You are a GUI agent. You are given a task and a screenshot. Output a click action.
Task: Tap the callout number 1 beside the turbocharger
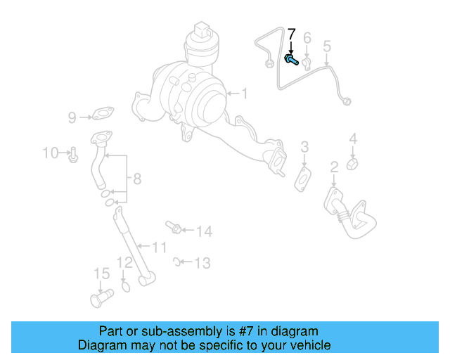(x=244, y=94)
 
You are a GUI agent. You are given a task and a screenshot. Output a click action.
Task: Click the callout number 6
(x=307, y=37)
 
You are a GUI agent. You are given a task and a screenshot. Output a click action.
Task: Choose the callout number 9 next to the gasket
(x=72, y=117)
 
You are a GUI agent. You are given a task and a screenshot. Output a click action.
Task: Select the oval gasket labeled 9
(x=103, y=112)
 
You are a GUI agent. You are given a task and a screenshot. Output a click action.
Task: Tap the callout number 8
(x=136, y=179)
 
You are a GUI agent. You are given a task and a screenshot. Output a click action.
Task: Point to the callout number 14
(x=203, y=231)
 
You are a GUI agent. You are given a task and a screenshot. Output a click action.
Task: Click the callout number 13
(x=202, y=264)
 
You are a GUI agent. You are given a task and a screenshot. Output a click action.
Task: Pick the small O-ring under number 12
(x=126, y=285)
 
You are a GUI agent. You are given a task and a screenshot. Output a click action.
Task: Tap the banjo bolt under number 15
(x=101, y=297)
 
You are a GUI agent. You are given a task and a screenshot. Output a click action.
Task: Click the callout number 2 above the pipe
(x=334, y=167)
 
